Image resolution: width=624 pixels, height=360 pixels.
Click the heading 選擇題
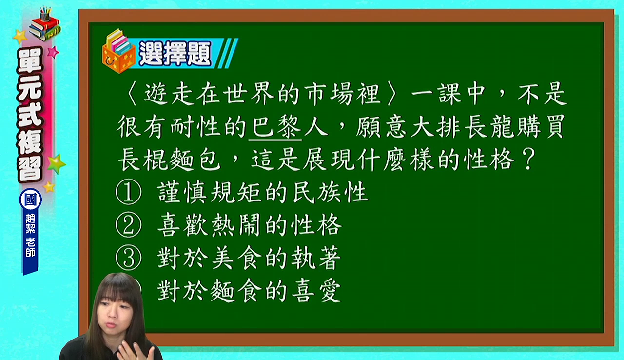click(175, 53)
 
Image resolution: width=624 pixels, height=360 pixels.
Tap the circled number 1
click(128, 192)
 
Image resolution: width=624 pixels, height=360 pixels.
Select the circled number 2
click(128, 225)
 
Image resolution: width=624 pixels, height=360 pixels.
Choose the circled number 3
click(128, 258)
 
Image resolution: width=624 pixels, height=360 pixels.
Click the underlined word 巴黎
click(275, 127)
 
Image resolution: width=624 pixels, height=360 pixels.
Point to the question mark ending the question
click(528, 159)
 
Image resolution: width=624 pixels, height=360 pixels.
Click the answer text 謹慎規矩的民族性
click(263, 192)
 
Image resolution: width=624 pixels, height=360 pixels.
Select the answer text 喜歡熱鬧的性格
click(249, 225)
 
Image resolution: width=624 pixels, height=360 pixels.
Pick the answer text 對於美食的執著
click(249, 258)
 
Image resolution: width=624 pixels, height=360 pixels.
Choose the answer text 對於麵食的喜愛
click(249, 291)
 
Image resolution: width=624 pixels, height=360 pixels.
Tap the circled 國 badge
click(31, 200)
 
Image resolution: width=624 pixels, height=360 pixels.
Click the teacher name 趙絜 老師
click(30, 236)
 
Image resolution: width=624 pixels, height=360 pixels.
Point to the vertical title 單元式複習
click(30, 114)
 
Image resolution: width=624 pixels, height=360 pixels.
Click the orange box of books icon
click(118, 52)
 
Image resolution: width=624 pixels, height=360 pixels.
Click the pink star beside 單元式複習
click(53, 52)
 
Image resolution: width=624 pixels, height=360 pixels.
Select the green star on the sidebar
click(57, 164)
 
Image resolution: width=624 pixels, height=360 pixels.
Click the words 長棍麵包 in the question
click(169, 160)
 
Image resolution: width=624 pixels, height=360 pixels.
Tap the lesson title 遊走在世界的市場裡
click(262, 94)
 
